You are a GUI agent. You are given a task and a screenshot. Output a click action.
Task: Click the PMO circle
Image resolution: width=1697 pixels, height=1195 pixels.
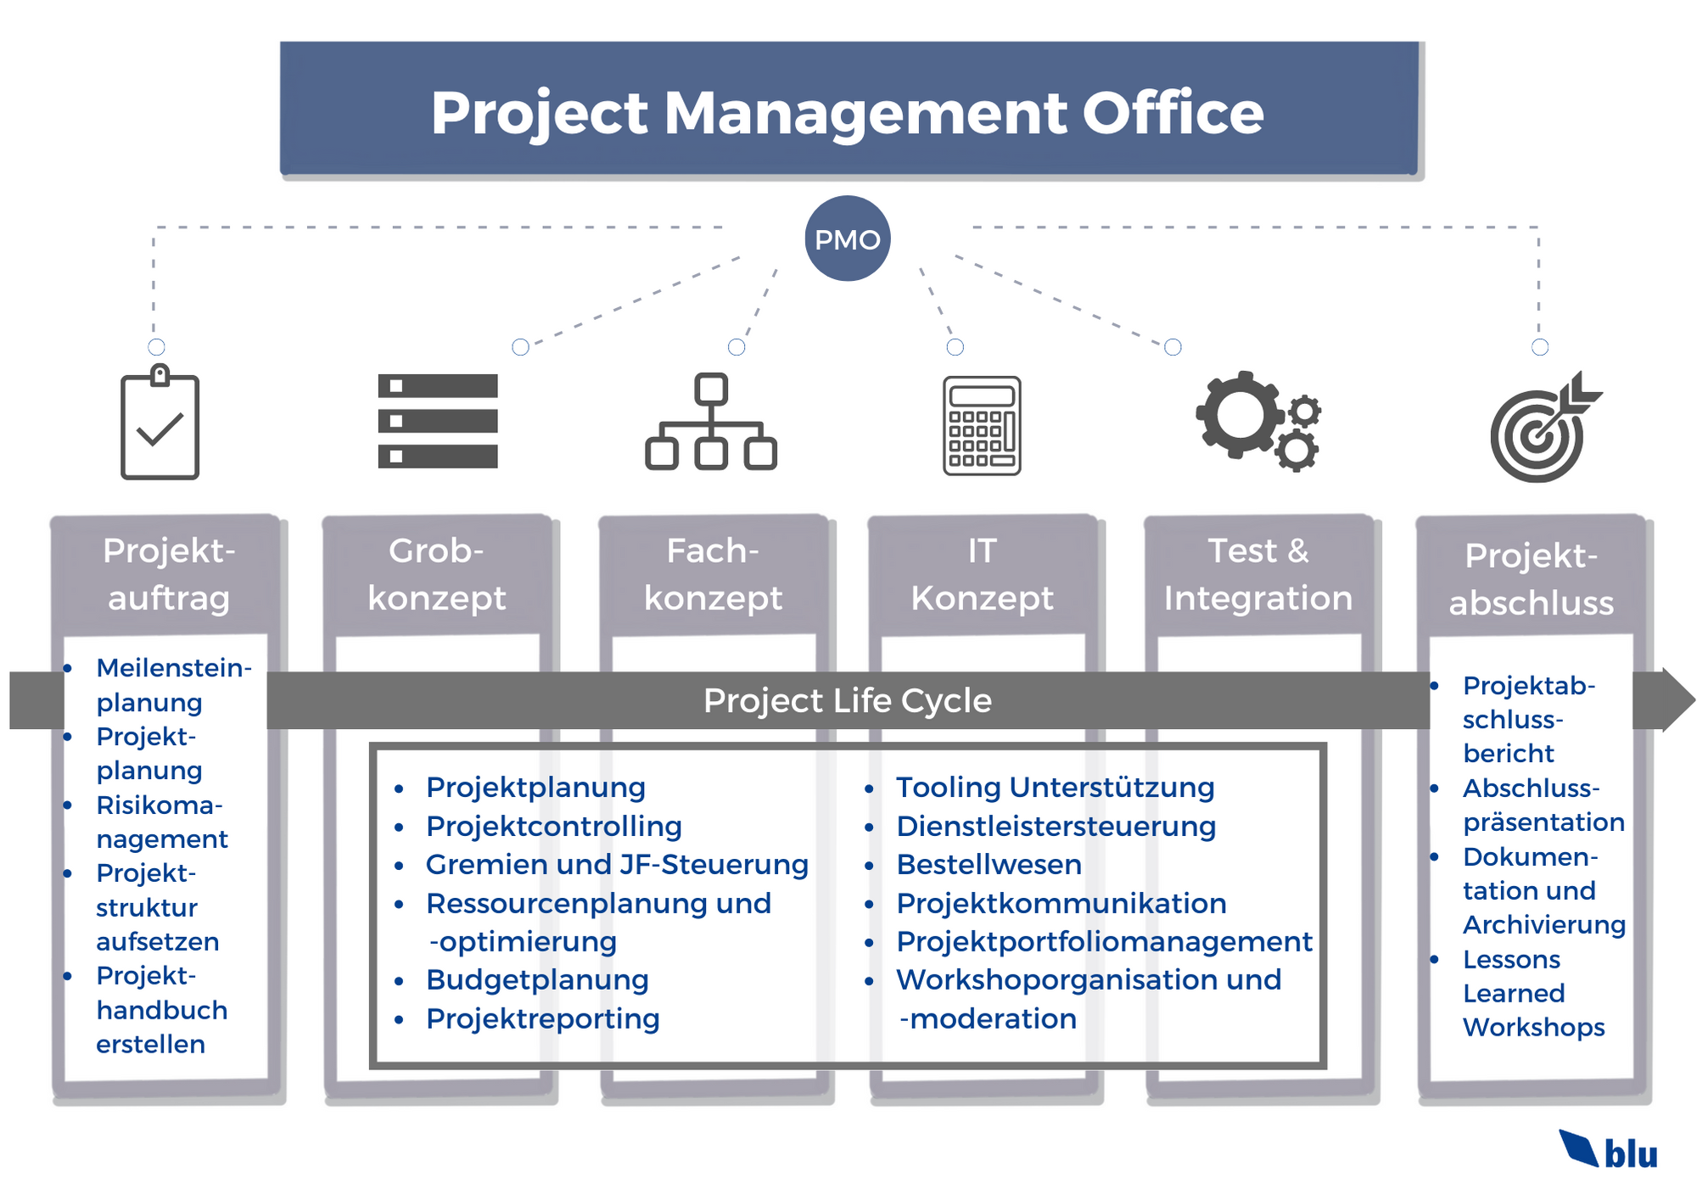[847, 238]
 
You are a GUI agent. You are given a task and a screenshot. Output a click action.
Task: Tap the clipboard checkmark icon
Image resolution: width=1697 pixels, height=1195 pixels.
[160, 424]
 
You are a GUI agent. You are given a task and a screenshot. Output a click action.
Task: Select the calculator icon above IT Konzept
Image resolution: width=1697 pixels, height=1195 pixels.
[982, 425]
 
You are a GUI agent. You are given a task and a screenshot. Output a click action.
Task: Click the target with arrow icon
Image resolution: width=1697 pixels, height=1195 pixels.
[1540, 429]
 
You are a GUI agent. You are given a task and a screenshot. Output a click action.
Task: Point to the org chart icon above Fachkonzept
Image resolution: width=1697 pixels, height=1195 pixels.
[711, 422]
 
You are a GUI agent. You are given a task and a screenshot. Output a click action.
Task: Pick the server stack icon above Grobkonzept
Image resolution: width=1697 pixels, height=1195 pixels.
[438, 421]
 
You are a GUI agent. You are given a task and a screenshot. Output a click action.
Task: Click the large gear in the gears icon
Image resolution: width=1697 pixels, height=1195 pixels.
[1239, 415]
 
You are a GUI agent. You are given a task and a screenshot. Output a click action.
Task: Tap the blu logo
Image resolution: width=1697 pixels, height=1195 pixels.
[1609, 1151]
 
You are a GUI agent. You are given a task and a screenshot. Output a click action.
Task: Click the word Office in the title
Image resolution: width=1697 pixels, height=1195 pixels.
[1173, 113]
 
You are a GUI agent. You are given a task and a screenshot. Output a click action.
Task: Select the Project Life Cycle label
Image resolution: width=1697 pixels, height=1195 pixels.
[847, 701]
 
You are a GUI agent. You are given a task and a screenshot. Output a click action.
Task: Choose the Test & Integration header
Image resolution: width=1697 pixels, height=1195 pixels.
[1258, 575]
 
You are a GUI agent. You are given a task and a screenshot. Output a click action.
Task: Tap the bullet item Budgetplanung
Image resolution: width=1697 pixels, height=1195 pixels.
[537, 980]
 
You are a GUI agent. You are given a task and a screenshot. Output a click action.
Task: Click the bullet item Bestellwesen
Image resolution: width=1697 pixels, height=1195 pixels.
[989, 865]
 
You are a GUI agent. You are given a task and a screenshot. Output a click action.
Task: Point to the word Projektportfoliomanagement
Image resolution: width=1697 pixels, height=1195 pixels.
[1104, 942]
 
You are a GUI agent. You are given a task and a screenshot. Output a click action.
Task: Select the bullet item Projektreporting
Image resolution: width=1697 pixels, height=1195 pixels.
[542, 1018]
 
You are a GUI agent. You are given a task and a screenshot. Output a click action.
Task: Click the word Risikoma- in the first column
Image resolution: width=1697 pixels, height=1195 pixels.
[159, 805]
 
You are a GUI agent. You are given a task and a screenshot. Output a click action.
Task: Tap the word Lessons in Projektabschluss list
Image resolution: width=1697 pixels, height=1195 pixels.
[1511, 959]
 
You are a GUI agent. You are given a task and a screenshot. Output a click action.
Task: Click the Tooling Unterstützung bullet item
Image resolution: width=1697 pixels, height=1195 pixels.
[1055, 788]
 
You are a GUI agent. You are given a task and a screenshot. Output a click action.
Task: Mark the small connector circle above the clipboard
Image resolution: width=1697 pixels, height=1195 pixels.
[156, 346]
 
